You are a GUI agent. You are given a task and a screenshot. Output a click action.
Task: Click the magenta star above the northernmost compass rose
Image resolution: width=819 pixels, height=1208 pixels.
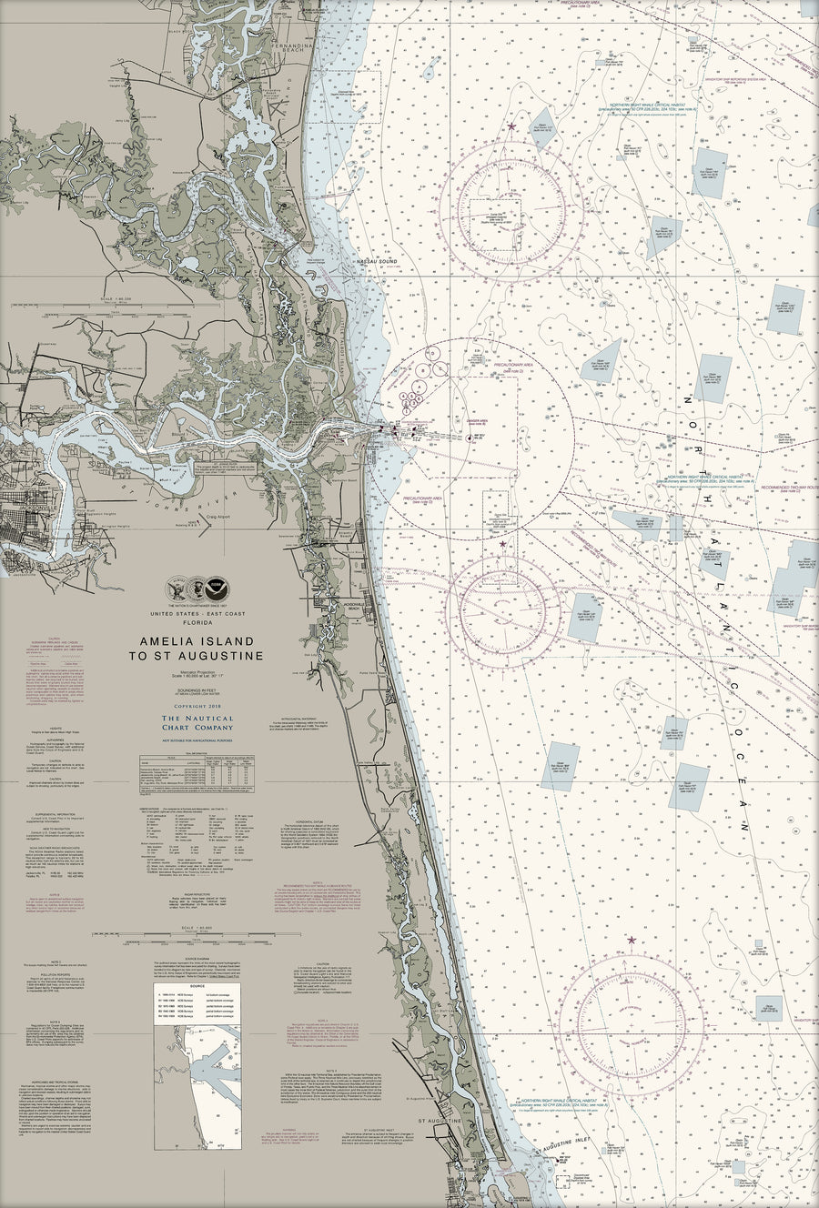[x=511, y=126]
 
